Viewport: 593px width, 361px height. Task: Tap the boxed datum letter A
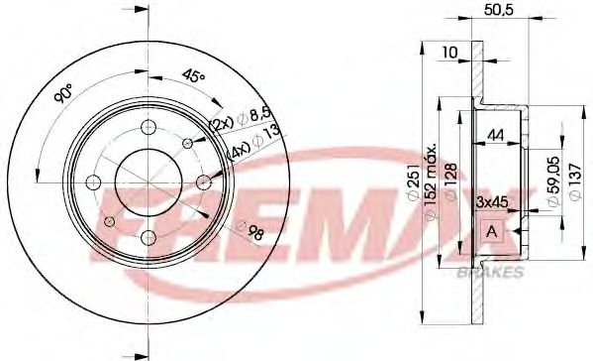pyautogui.click(x=491, y=231)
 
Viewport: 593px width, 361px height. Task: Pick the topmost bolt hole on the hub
pyautogui.click(x=147, y=127)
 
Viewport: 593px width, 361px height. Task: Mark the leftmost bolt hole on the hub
pyautogui.click(x=92, y=182)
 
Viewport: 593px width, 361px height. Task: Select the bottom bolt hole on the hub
pyautogui.click(x=147, y=237)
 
